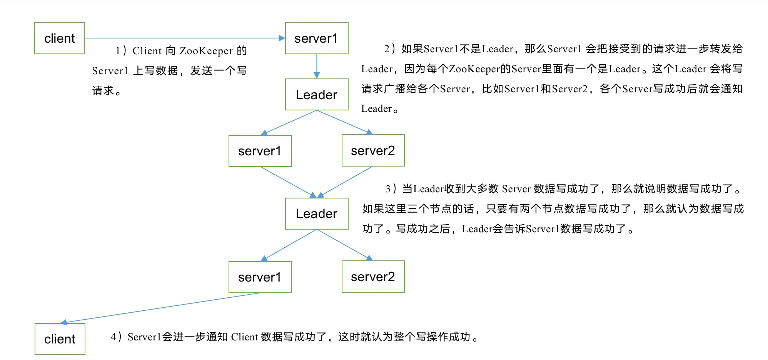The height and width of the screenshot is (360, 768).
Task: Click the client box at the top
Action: [x=60, y=38]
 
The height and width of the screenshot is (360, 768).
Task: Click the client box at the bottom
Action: [x=60, y=339]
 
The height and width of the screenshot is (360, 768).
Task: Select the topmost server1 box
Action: [x=316, y=38]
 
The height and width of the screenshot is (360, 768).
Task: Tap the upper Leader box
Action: [x=316, y=95]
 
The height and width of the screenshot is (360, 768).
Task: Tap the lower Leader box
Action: [x=316, y=213]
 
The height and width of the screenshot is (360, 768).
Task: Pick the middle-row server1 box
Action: [x=260, y=151]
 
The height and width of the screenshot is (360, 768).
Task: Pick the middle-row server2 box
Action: [x=373, y=150]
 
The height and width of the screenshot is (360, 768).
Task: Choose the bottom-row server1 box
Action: [x=260, y=277]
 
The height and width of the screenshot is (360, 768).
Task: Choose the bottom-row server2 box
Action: [x=373, y=277]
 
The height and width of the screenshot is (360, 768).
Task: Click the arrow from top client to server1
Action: [x=185, y=38]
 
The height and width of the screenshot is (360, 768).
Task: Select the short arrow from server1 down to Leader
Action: [x=317, y=66]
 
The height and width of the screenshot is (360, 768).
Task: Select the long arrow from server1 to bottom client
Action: [x=162, y=308]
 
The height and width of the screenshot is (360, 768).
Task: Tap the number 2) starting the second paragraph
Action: [x=389, y=49]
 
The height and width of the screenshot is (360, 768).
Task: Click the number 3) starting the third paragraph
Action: [x=391, y=189]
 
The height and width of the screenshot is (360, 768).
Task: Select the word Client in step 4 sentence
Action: [x=244, y=337]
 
